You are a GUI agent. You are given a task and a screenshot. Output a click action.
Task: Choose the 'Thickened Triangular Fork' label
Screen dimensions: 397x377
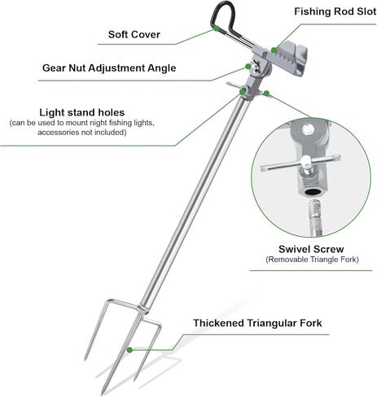point(257,323)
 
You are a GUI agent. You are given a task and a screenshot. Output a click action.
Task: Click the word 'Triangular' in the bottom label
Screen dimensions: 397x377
point(270,323)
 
